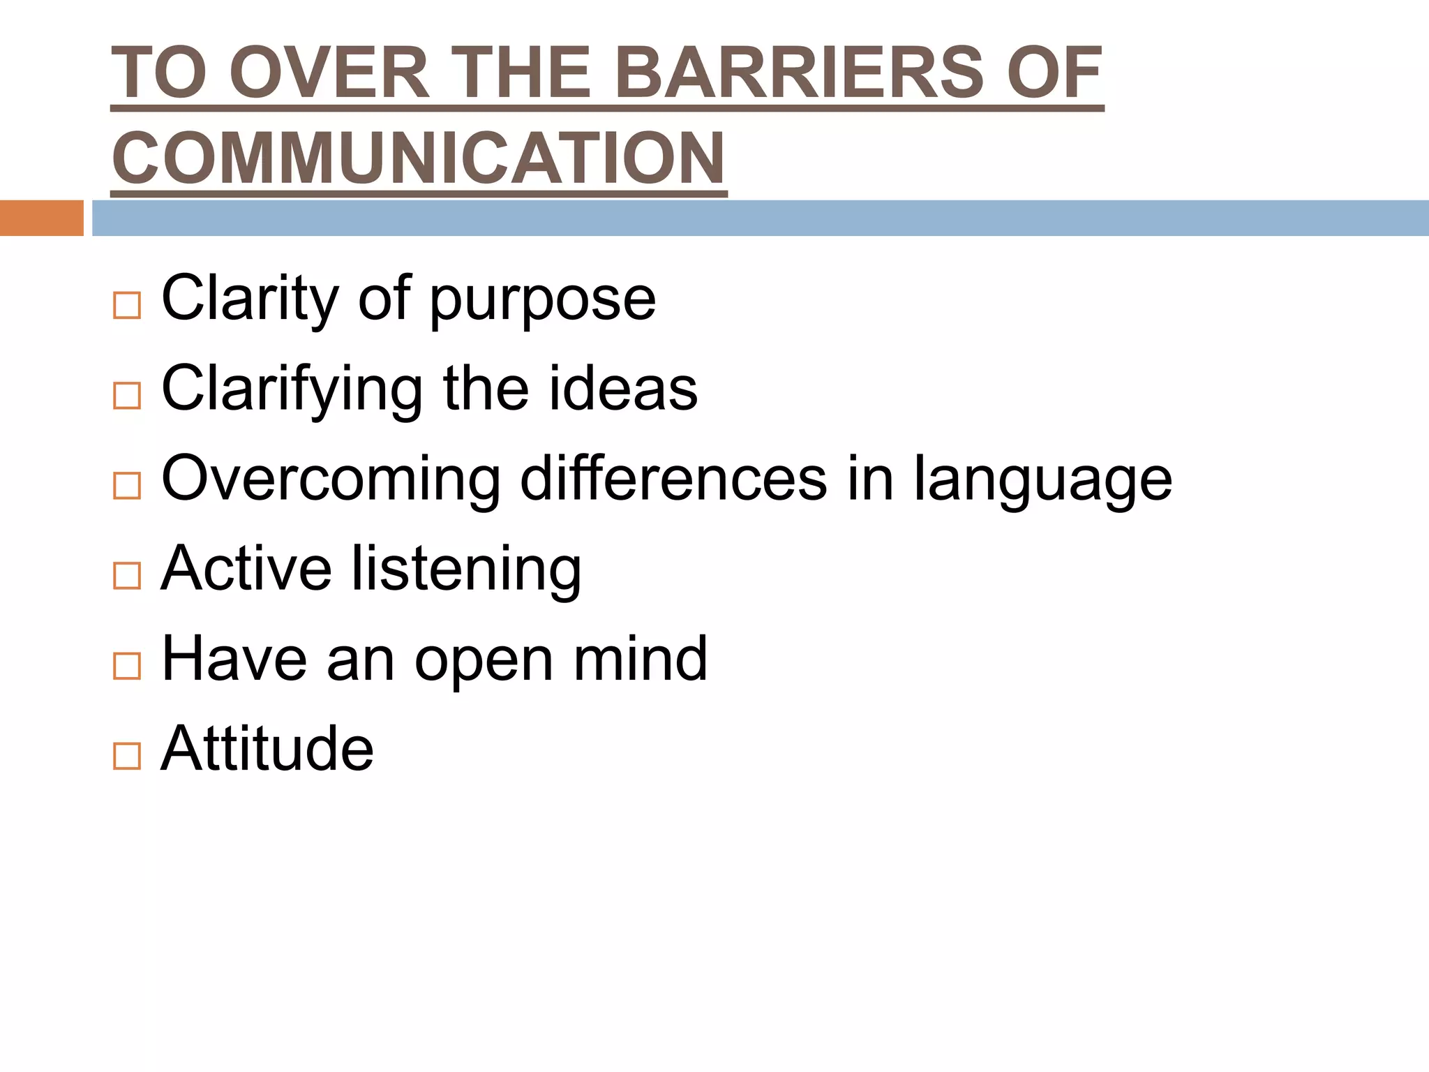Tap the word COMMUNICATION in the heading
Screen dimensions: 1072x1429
point(419,158)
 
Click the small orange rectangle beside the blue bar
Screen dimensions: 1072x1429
point(41,218)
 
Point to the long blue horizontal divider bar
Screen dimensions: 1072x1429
point(760,218)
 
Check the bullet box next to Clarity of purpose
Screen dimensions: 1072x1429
point(127,305)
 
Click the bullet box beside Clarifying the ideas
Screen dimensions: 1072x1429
point(127,395)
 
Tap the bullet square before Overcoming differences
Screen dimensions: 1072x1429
point(127,485)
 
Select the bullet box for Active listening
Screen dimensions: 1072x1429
point(127,575)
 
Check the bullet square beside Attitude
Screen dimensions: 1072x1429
point(127,755)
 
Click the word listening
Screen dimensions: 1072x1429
point(465,570)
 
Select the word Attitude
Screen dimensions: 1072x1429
point(267,748)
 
